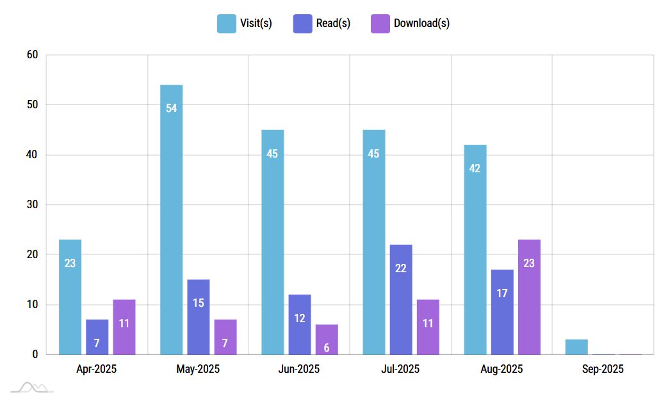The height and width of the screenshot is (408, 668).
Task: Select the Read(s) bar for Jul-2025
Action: (x=401, y=299)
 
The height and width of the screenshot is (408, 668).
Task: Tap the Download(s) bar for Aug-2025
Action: (x=529, y=297)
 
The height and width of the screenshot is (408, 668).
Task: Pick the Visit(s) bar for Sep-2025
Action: (x=576, y=347)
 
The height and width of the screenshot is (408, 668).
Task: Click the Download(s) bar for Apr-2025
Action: (x=124, y=327)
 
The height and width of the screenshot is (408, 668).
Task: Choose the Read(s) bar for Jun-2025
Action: (x=300, y=324)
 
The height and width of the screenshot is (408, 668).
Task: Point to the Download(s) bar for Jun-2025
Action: (x=327, y=339)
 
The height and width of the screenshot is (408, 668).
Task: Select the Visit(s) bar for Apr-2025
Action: (x=70, y=297)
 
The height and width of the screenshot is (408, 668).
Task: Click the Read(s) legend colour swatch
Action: (x=304, y=24)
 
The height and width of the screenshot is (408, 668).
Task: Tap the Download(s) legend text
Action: (x=421, y=24)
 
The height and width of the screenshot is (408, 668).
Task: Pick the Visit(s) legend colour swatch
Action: (x=227, y=24)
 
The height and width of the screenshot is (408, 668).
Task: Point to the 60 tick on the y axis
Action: (x=33, y=55)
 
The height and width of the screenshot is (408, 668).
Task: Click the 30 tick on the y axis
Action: (x=33, y=205)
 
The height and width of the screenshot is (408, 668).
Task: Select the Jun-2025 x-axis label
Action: (x=299, y=370)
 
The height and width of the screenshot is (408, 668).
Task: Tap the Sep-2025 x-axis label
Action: (x=603, y=370)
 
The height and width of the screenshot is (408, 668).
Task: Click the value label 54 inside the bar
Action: (x=171, y=108)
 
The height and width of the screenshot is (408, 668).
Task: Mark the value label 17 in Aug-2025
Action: (x=502, y=293)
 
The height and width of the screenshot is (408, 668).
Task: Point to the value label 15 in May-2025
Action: (x=199, y=303)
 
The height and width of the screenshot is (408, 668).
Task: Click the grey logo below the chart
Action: (x=32, y=387)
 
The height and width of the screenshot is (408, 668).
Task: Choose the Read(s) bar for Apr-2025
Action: (x=97, y=337)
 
